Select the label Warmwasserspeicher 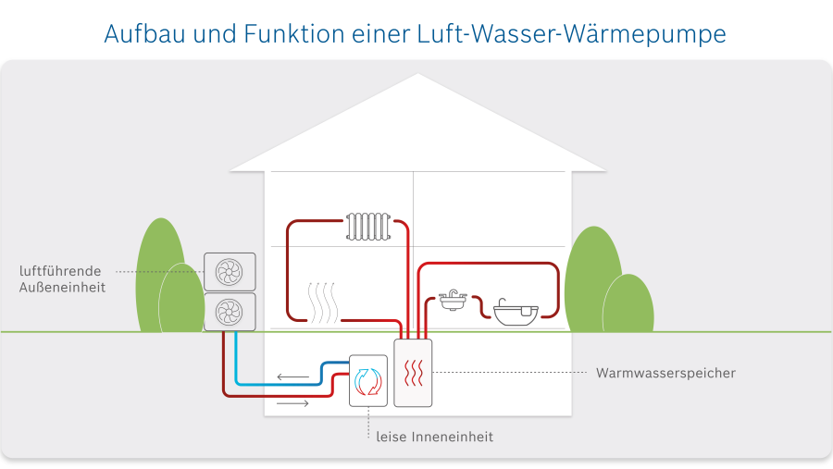(x=665, y=374)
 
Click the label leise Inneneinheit (x=435, y=437)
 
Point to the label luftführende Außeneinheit (x=63, y=279)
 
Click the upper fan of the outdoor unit (x=229, y=272)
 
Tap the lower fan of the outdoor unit (x=229, y=312)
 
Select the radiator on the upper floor (x=368, y=225)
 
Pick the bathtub (x=515, y=311)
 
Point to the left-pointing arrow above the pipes (x=293, y=377)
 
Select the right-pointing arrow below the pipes (x=293, y=404)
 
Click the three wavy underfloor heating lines (x=322, y=302)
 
